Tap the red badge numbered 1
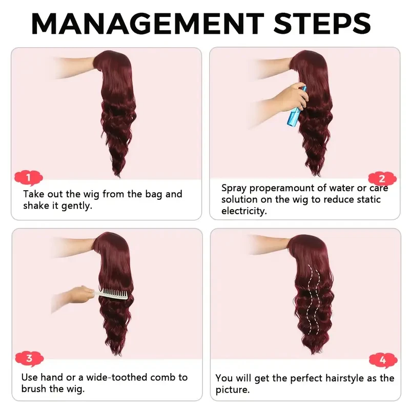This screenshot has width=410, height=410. (x=29, y=178)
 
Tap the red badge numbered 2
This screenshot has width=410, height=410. (x=382, y=179)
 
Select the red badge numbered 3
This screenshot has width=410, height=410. (x=29, y=358)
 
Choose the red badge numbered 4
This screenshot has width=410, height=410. (x=383, y=360)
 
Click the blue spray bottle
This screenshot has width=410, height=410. (x=297, y=108)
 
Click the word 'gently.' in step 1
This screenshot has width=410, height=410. (x=77, y=207)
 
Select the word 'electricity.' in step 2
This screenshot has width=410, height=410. (x=244, y=211)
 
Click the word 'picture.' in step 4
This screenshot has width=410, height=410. (x=233, y=390)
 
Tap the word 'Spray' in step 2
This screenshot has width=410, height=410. (x=234, y=189)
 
